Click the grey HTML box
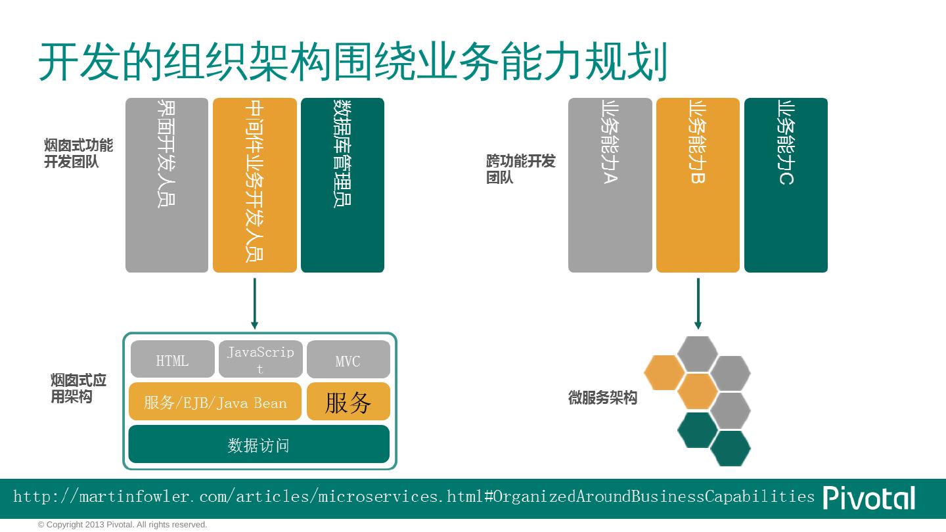(172, 359)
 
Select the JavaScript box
(260, 359)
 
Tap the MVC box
(348, 360)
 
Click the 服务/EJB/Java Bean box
(215, 401)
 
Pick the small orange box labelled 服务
(348, 401)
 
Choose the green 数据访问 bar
(259, 445)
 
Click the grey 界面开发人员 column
(167, 185)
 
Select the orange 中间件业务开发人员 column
(255, 185)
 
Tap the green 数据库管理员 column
(342, 185)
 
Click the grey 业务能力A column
(610, 185)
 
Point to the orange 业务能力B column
(698, 185)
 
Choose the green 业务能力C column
(786, 185)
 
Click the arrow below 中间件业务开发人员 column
(254, 303)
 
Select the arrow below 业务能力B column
(698, 303)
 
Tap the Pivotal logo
(868, 498)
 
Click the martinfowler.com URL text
(414, 497)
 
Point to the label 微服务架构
(602, 398)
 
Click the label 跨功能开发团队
(520, 169)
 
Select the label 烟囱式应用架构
(78, 389)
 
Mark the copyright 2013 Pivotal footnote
(123, 525)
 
